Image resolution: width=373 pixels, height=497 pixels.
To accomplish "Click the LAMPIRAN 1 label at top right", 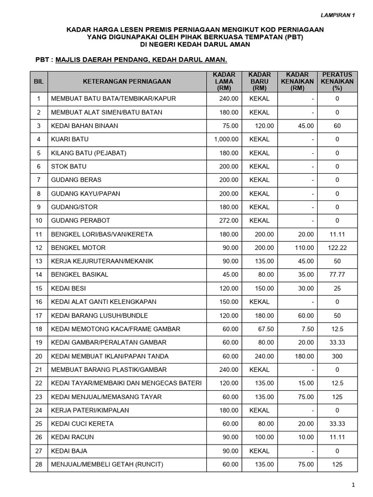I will point(339,15).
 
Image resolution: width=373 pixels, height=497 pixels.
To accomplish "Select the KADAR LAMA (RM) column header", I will point(224,82).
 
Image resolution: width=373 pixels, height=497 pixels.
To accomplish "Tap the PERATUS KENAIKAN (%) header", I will point(337,82).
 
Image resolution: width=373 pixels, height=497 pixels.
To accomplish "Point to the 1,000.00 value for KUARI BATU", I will point(226,139).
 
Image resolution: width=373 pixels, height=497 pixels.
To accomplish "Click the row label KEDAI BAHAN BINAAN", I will point(85,126).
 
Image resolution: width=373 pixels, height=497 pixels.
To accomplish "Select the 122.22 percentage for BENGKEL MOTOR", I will point(337,248).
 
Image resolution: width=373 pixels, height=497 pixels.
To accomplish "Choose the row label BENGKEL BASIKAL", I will point(80,275).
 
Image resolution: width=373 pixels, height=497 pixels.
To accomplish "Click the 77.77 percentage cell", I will point(337,275).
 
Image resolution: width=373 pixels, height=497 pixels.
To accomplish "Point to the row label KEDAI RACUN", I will point(72,437).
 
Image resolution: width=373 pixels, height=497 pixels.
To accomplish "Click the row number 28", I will point(39,464).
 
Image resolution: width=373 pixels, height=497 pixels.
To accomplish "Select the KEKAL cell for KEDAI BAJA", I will point(259,451).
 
